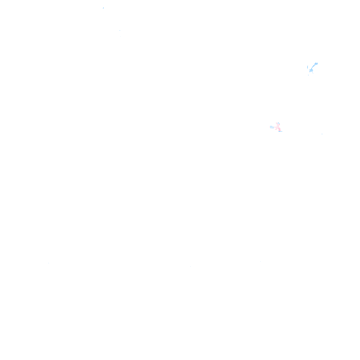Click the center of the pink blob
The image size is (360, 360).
point(278,127)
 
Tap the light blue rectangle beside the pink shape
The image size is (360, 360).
point(272,127)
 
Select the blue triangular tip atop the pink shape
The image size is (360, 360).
point(278,123)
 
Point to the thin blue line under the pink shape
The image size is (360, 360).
point(281,131)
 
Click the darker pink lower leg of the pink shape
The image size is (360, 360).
point(279,129)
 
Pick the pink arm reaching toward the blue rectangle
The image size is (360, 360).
point(275,127)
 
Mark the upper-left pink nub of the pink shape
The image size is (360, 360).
point(276,123)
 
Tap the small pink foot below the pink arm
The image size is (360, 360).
point(275,129)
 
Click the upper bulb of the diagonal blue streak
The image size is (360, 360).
point(316,64)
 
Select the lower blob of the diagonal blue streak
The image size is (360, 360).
point(311,70)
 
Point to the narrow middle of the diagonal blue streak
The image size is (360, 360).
point(313,67)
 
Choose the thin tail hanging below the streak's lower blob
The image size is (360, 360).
point(313,73)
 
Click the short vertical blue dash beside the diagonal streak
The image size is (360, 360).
point(307,67)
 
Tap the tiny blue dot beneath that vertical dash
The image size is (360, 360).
point(308,75)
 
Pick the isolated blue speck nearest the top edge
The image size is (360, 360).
point(103,8)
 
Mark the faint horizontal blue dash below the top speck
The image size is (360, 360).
point(120,30)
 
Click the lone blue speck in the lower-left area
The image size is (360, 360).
point(49,263)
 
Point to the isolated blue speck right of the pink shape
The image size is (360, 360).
point(322,134)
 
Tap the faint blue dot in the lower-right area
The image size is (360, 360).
point(261,262)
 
